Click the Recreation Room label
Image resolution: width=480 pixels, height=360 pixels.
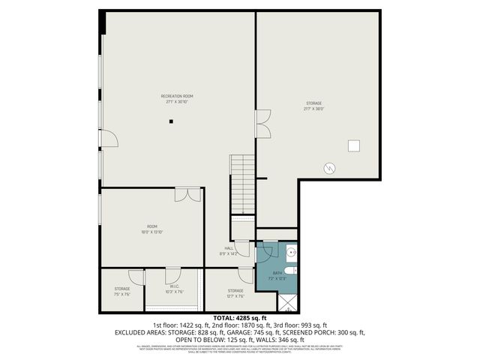tap(177, 98)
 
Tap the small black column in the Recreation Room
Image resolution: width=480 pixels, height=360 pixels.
tap(171, 121)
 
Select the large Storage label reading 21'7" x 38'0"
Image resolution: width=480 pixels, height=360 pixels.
tap(313, 106)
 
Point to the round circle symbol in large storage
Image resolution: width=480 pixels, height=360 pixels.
tap(328, 169)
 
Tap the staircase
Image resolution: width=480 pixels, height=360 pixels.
tap(242, 184)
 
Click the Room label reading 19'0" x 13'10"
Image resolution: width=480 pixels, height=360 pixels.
tap(152, 229)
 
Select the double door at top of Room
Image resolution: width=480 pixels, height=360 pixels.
tap(186, 195)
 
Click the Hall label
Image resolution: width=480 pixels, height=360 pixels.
tap(229, 251)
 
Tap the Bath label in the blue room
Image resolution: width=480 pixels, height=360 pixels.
tap(277, 275)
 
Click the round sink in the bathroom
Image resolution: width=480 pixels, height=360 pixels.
tap(293, 255)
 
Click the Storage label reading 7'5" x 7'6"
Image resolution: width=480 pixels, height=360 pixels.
tap(122, 291)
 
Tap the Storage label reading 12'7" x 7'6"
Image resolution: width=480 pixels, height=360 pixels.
tap(235, 292)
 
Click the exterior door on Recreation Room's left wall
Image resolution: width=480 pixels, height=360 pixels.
tap(108, 137)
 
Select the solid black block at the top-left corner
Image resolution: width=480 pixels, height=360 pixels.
tap(102, 22)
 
